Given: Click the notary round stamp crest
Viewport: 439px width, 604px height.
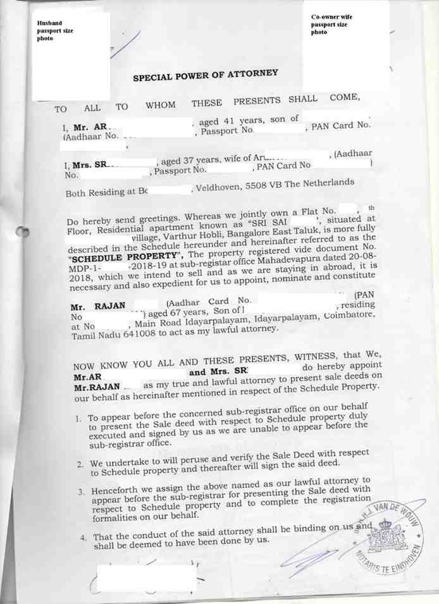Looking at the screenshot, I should tap(386, 534).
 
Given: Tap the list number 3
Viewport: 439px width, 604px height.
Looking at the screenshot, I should tap(81, 491).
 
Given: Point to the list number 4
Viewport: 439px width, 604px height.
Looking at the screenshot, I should tap(83, 538).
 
